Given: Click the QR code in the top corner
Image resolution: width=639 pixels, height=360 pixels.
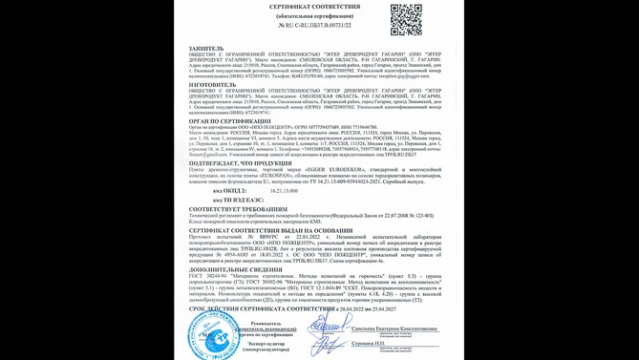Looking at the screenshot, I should (x=405, y=18).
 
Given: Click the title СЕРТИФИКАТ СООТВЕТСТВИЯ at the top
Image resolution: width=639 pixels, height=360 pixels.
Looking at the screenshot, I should (x=314, y=6).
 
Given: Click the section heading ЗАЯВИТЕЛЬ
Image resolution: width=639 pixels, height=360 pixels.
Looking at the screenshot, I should (x=206, y=47).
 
